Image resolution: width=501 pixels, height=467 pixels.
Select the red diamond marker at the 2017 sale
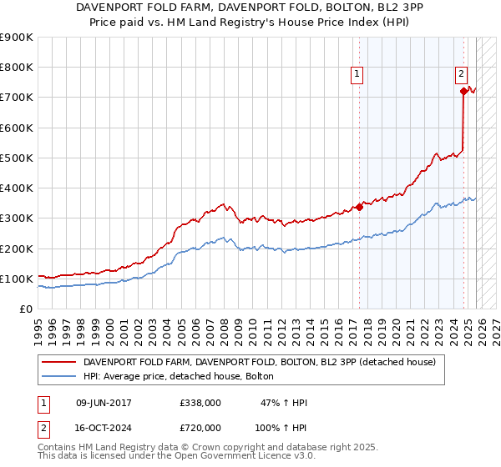point(359,207)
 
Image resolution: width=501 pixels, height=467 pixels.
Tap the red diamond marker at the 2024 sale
point(463,92)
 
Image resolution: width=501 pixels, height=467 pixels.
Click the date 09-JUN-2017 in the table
point(104,403)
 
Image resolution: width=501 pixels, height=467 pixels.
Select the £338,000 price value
point(200,403)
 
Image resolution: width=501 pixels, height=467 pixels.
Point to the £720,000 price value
point(200,427)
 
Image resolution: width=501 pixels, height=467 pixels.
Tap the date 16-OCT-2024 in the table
point(104,427)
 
